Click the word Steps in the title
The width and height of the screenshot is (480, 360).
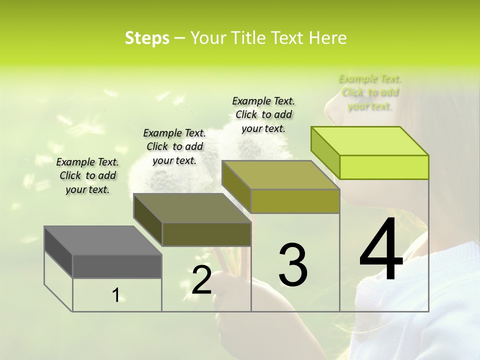click(x=147, y=38)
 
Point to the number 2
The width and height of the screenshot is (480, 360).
click(x=201, y=280)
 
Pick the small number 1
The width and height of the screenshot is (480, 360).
click(x=116, y=295)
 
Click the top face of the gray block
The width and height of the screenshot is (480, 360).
click(x=102, y=240)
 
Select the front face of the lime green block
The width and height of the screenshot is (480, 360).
click(x=384, y=167)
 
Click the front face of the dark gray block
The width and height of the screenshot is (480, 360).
click(x=117, y=266)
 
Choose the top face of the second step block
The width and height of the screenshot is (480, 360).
click(x=192, y=207)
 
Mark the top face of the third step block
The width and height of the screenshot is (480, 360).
click(x=280, y=174)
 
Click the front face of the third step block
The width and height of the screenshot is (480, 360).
click(x=295, y=201)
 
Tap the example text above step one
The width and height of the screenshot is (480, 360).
click(x=87, y=175)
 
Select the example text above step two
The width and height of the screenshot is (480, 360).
click(x=174, y=146)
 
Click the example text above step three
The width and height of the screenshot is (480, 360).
click(x=263, y=114)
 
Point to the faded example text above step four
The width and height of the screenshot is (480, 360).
click(x=370, y=92)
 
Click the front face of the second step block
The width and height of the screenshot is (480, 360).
click(x=206, y=233)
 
